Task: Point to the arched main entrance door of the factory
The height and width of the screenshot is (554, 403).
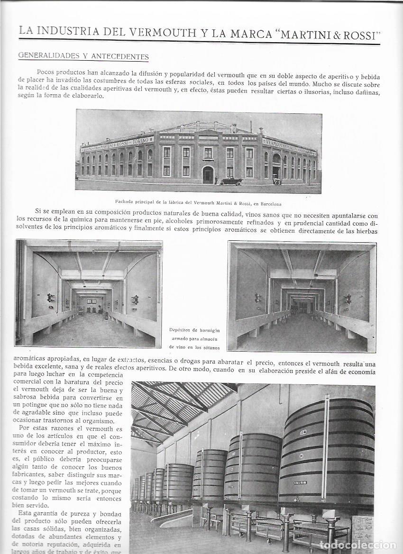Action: [x=208, y=174]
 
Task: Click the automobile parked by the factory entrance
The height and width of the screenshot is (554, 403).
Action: [x=231, y=181]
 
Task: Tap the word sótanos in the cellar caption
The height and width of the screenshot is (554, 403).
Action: [x=209, y=347]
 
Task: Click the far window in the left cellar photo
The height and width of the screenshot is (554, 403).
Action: [x=92, y=301]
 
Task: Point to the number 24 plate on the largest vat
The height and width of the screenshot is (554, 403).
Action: [x=302, y=432]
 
